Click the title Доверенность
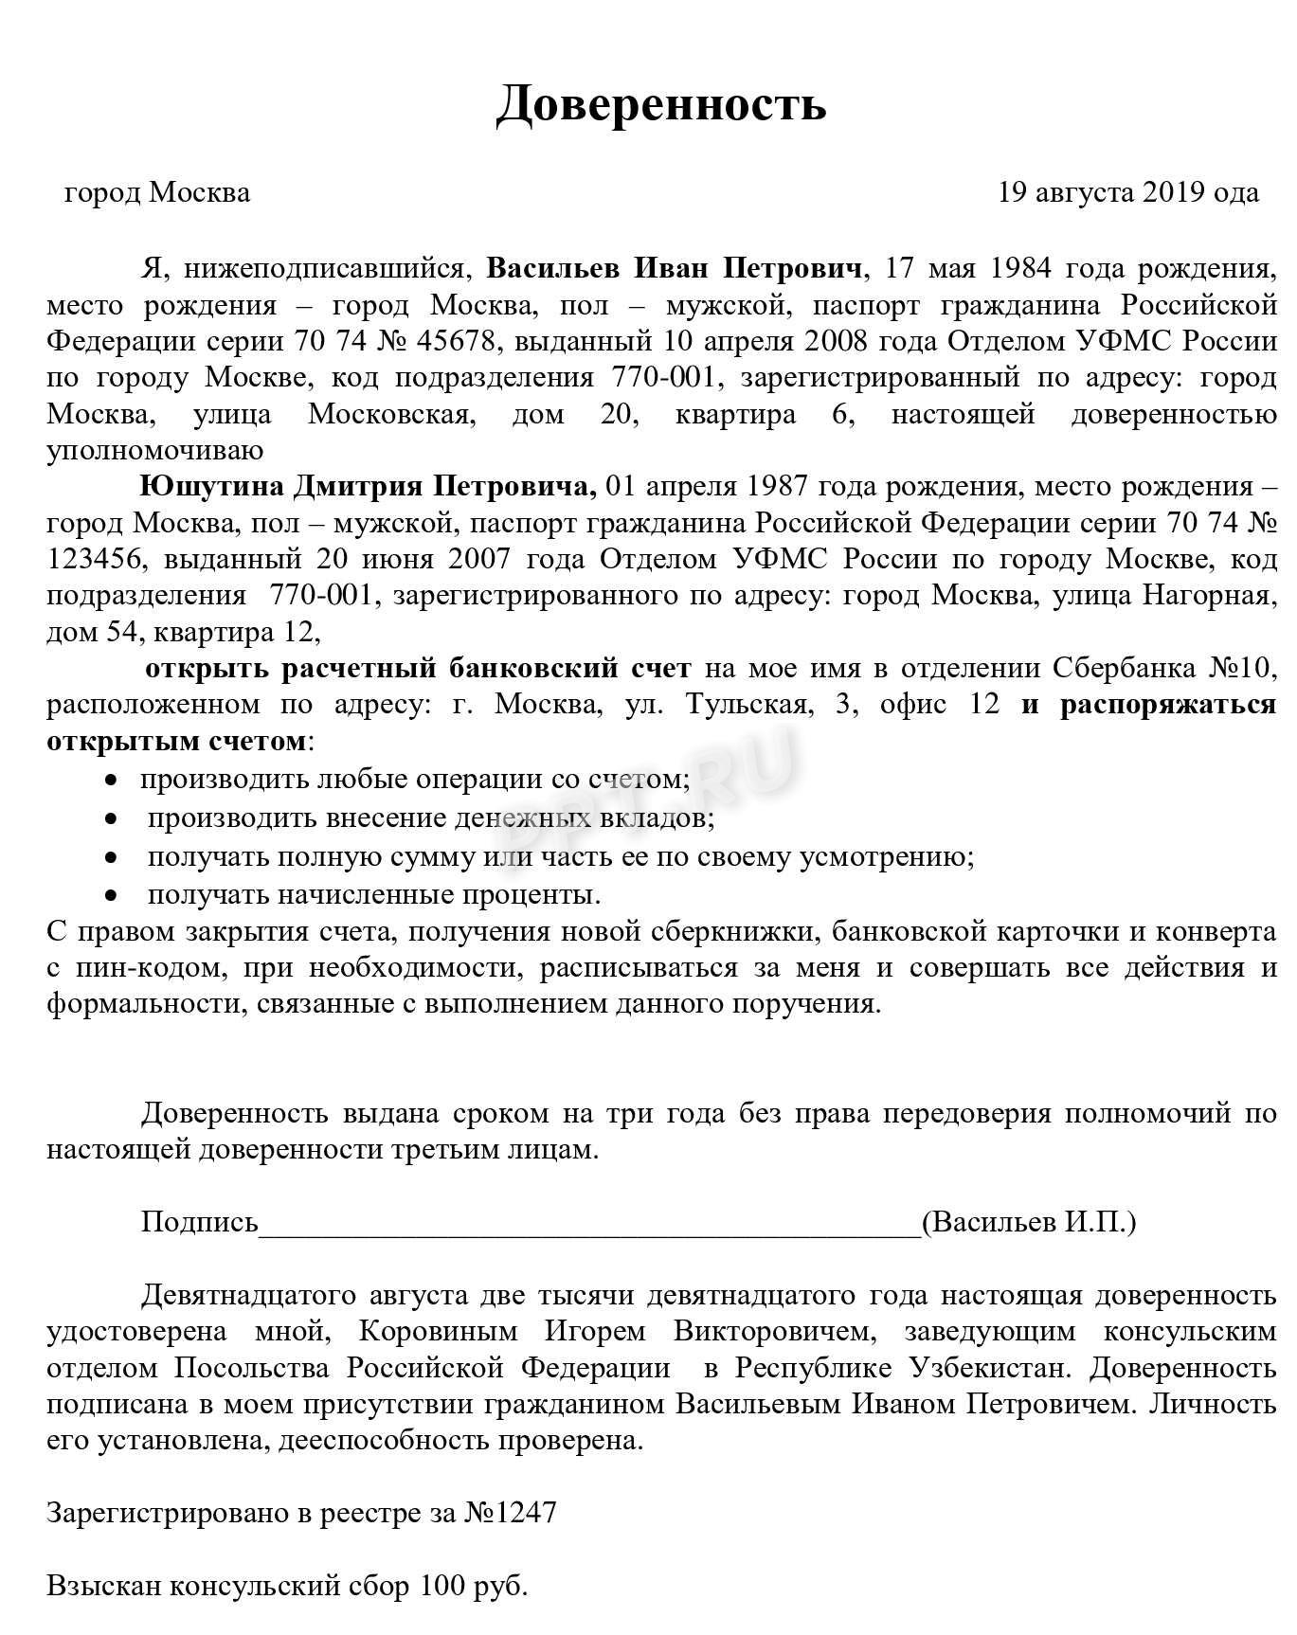[x=660, y=103]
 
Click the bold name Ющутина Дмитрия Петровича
[x=368, y=487]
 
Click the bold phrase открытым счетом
[x=177, y=741]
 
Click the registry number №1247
[x=510, y=1513]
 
